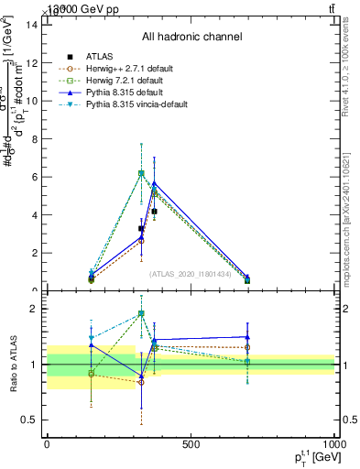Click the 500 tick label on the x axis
(x=191, y=444)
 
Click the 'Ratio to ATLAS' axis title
(x=11, y=365)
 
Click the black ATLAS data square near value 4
(x=154, y=212)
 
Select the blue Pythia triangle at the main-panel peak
(x=154, y=183)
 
